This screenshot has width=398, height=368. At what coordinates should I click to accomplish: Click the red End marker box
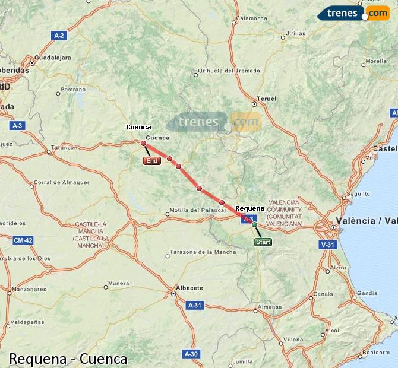click(152, 161)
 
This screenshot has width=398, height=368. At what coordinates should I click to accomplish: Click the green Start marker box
click(263, 242)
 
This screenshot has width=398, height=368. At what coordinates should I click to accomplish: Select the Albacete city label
click(188, 288)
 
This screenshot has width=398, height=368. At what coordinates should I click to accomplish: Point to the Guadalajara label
click(53, 58)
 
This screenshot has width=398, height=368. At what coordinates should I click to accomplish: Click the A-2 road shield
click(59, 36)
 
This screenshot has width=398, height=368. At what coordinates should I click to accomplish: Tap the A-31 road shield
click(195, 305)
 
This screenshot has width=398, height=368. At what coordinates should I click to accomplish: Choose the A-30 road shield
click(191, 354)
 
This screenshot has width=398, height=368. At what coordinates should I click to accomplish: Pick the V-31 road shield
click(327, 244)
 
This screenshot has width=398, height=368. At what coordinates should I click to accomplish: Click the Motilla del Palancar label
click(194, 210)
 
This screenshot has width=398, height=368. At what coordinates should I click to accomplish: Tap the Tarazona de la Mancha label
click(203, 252)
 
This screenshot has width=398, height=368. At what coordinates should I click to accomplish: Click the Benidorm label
click(379, 352)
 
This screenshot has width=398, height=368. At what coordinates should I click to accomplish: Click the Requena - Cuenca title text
click(68, 359)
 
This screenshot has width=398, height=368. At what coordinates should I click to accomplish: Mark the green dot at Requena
click(254, 225)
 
